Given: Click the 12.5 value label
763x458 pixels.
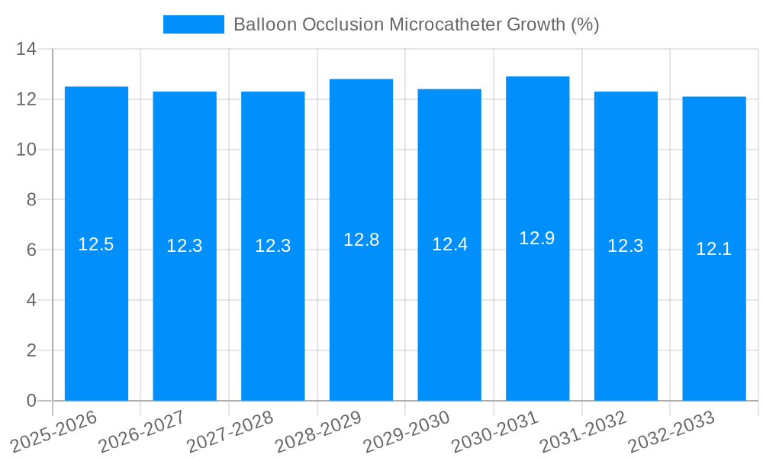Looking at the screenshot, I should tap(96, 244).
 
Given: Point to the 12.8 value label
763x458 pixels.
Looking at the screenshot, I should tap(361, 240).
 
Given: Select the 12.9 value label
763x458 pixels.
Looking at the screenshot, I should tap(537, 238).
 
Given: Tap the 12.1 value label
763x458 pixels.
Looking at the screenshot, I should tap(714, 249).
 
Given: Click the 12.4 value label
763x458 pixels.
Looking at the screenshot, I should tap(449, 244).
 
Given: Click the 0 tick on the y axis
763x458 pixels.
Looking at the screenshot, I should tap(31, 401).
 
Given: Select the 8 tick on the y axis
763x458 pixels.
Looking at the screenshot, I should tap(31, 200).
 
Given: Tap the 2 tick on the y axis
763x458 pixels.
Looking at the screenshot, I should tap(31, 350).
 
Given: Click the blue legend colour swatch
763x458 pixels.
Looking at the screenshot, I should tap(194, 24).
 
